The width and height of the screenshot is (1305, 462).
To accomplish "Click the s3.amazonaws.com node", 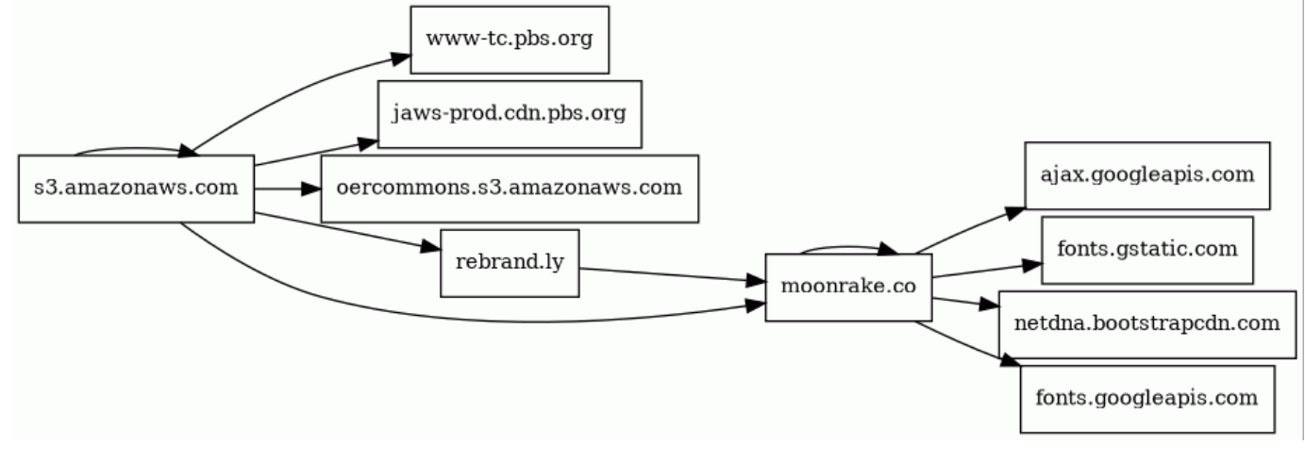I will coord(136,189).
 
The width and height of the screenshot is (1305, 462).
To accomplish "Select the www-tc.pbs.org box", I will coord(509,40).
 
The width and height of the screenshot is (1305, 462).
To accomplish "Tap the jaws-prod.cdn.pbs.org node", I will coord(510,114).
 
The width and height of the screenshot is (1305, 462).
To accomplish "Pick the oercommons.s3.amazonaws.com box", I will coord(509,189).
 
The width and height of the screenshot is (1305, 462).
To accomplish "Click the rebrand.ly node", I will coord(510,262).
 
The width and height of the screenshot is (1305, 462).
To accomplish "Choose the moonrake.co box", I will coord(848,288).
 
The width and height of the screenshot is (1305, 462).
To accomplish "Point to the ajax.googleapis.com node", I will coord(1146,175).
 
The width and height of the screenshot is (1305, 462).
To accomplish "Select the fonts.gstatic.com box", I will coord(1146,250).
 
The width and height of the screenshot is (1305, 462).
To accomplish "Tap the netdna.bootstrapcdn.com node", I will coord(1146,324).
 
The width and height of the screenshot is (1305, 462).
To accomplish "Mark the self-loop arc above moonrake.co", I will coord(845,247).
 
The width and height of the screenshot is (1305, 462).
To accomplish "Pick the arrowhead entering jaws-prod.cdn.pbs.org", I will coord(366,143).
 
